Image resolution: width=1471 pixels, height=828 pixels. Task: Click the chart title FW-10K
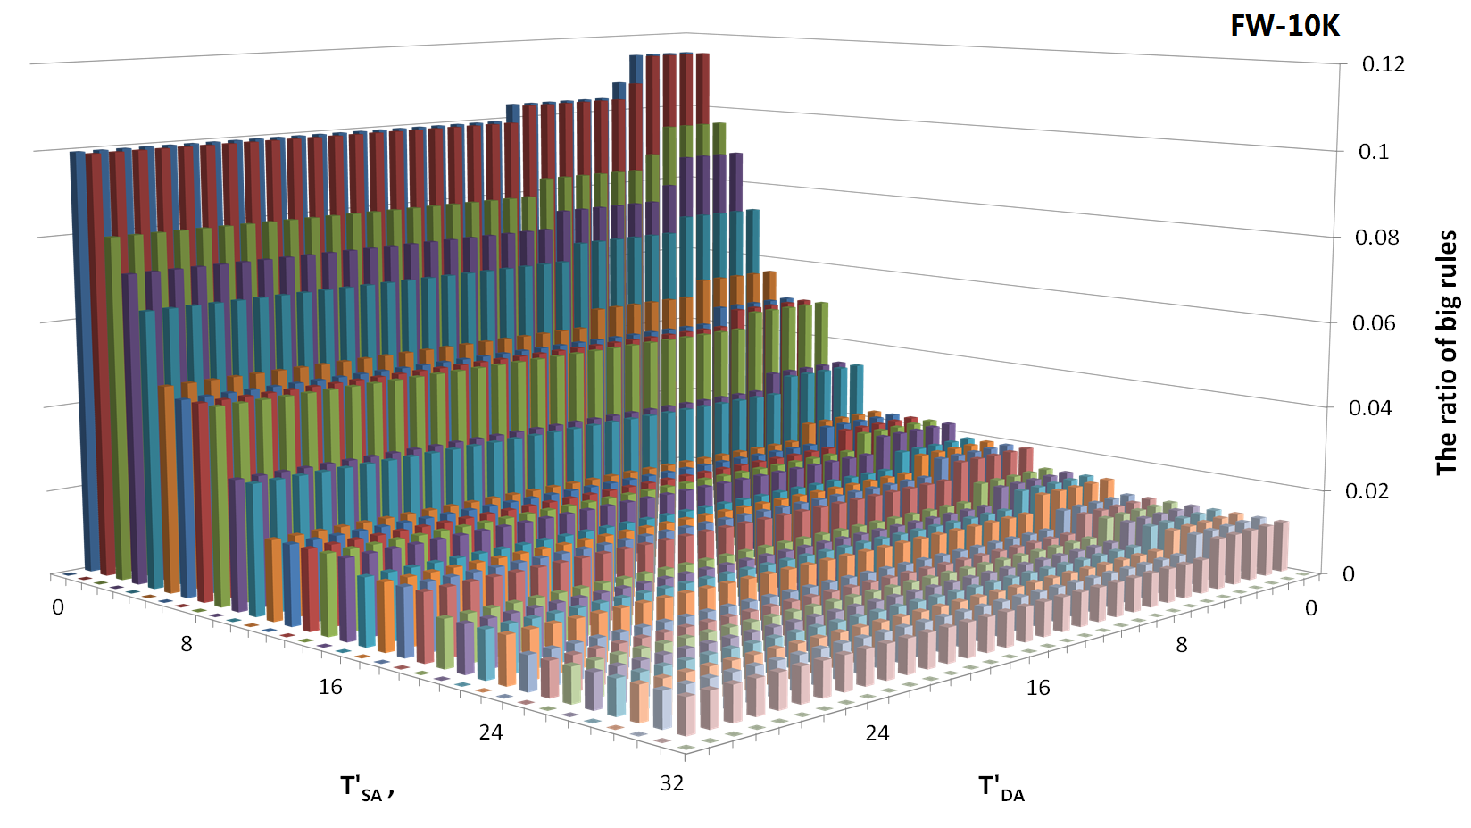pos(1284,26)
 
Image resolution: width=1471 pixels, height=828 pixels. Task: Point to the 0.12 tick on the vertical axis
pos(1383,64)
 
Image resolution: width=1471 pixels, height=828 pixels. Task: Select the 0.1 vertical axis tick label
pos(1374,151)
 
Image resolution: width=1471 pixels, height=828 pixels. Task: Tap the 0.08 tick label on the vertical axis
pos(1377,238)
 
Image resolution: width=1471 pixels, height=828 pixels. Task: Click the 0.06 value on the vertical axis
pos(1374,323)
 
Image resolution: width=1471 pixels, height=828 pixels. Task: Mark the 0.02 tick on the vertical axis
pos(1367,491)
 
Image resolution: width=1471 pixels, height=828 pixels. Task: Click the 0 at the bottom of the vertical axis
pos(1349,574)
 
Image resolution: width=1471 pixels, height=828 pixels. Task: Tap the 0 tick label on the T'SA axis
pos(58,608)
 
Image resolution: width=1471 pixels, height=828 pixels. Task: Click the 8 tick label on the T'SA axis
pos(186,644)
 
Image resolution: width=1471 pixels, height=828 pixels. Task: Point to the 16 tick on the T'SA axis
pos(330,687)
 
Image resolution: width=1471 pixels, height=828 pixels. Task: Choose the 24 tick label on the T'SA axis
pos(491,733)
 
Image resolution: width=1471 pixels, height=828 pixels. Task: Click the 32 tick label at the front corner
pos(672,783)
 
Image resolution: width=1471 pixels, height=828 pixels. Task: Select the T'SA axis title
pos(366,789)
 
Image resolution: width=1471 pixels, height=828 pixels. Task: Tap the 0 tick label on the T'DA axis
pos(1310,609)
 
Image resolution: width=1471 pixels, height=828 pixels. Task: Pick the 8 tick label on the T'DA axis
pos(1182,645)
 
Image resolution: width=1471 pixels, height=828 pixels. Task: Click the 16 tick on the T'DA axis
pos(1038,688)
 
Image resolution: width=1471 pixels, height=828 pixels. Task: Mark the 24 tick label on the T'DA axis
pos(877,733)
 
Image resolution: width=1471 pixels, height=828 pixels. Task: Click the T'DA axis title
pos(1001,789)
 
